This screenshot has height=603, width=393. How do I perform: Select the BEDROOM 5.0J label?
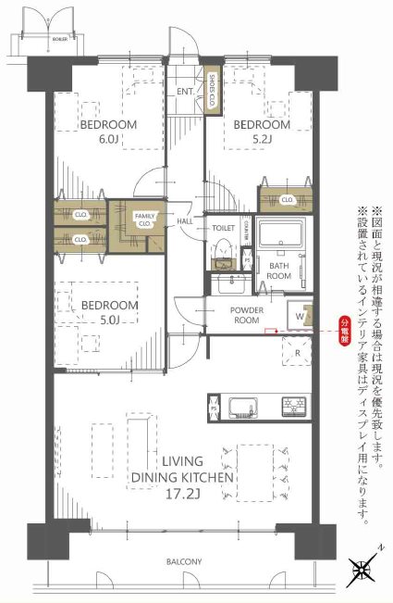108,312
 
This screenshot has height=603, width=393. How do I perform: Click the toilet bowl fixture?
223,248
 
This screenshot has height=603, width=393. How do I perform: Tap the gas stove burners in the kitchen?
294,406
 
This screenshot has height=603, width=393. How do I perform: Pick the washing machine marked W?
300,314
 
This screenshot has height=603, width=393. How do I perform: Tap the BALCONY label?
186,562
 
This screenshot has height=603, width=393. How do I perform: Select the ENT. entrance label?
183,92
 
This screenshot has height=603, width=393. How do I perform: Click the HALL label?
184,222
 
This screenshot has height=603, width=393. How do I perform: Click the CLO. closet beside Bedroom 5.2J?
286,199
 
